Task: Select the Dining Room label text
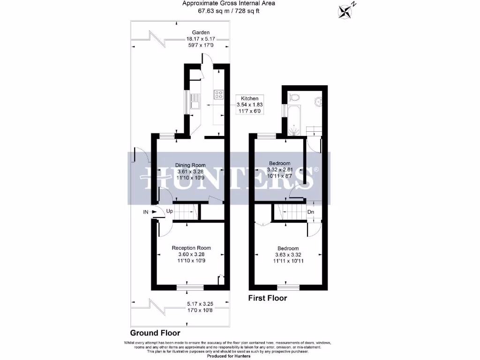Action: click(190, 165)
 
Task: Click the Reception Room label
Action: click(191, 248)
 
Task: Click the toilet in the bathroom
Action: click(294, 97)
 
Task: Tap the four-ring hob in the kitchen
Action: click(218, 95)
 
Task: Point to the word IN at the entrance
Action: click(146, 212)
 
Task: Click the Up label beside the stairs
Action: click(170, 211)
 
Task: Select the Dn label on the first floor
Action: click(310, 211)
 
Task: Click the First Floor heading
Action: click(267, 298)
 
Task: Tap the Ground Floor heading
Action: click(155, 333)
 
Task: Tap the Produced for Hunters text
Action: click(228, 356)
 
